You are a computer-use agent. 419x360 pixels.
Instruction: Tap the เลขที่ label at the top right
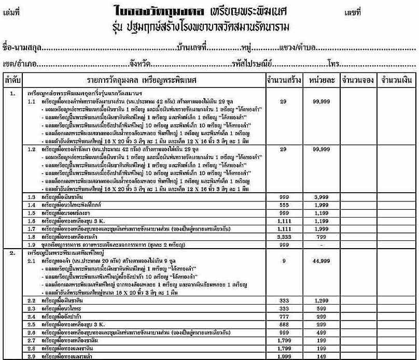coord(352,11)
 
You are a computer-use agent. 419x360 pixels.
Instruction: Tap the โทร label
coord(333,65)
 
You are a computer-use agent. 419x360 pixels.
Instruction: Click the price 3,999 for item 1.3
coord(322,197)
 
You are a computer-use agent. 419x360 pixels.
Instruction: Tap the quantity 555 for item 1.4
coord(283,205)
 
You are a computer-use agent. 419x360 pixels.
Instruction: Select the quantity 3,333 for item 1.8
coord(283,236)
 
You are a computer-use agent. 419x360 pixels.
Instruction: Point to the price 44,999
coord(322,262)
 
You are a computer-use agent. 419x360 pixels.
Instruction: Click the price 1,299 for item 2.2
coord(322,300)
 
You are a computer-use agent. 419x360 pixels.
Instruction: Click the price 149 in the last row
coord(322,356)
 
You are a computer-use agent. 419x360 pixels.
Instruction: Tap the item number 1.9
coord(32,244)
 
